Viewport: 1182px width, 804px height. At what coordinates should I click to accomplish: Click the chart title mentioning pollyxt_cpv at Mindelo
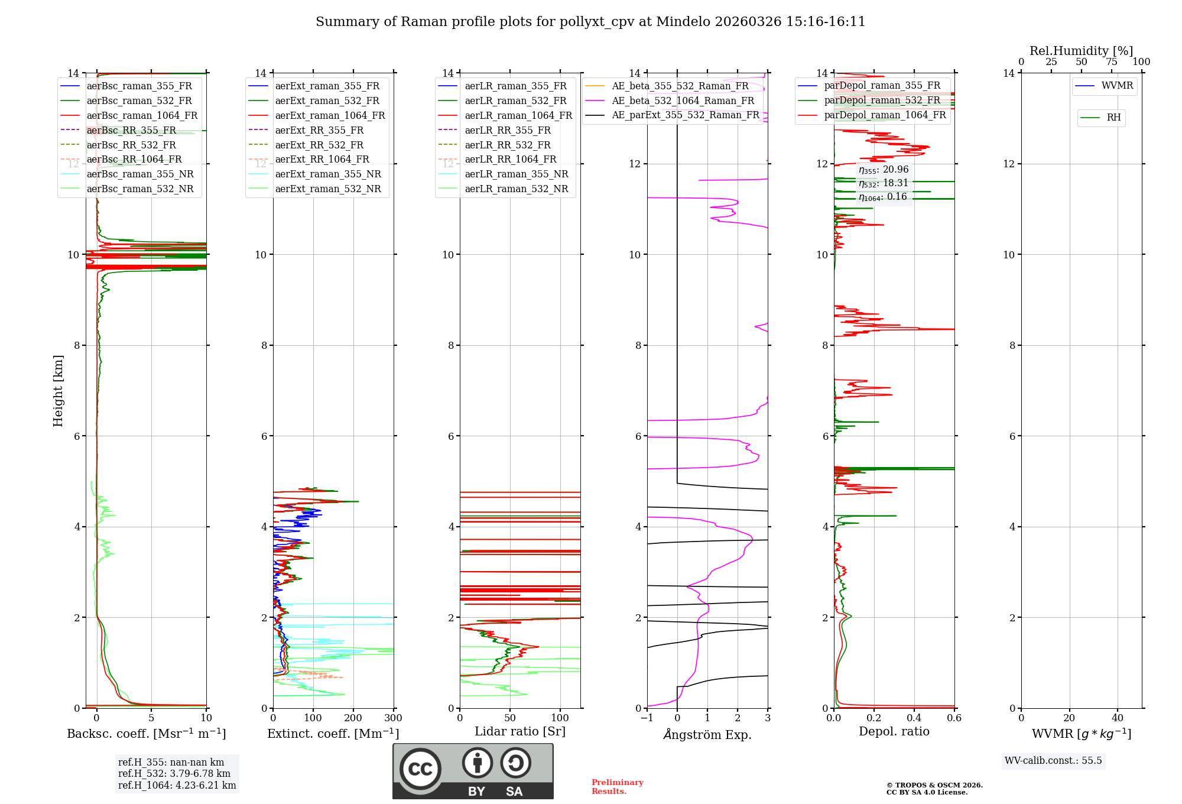point(590,22)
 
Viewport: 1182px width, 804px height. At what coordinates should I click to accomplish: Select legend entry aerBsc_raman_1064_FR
point(142,115)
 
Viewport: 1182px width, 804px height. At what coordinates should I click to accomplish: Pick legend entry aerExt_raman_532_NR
point(328,189)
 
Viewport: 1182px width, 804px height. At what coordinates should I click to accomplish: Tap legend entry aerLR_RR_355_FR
point(507,130)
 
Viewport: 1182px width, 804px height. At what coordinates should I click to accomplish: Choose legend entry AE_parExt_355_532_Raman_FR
point(685,115)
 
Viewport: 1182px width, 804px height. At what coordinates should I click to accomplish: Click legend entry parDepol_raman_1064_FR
point(885,115)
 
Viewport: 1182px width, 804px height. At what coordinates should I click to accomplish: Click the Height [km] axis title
point(58,390)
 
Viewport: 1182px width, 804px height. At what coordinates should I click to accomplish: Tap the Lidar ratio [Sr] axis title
point(520,731)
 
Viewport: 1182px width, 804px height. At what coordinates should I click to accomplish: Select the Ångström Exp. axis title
point(707,734)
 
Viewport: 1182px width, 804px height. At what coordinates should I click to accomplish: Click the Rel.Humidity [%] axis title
point(1081,51)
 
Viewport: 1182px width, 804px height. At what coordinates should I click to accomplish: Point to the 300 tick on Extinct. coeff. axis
point(393,718)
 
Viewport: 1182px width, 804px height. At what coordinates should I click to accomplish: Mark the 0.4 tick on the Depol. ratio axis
point(914,718)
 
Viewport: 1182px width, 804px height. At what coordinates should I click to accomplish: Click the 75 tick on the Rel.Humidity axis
point(1111,62)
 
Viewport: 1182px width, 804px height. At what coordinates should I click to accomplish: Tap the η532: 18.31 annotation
point(883,183)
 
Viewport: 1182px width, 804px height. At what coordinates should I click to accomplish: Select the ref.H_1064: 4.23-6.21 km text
point(177,785)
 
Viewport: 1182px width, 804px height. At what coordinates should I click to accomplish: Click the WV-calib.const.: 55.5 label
point(1053,760)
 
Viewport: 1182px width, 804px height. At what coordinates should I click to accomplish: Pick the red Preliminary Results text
point(617,786)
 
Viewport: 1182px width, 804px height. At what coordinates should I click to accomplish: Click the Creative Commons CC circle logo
point(420,769)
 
